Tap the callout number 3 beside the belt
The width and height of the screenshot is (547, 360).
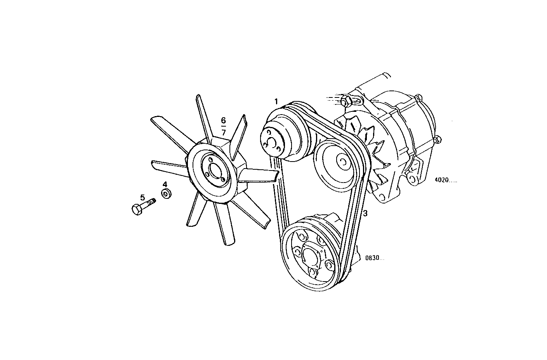pos(365,213)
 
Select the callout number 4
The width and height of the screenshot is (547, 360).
pos(165,184)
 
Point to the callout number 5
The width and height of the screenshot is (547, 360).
pos(142,197)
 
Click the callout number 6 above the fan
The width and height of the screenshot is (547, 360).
pos(223,120)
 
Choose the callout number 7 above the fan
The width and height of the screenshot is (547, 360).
pos(224,132)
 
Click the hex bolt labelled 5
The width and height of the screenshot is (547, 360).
pos(142,206)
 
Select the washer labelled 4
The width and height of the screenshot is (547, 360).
pos(167,193)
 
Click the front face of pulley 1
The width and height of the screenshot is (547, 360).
pos(274,140)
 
